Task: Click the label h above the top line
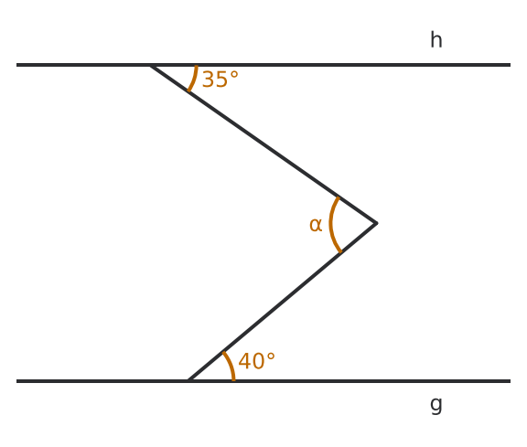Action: click(x=436, y=40)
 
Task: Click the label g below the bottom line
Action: click(x=436, y=405)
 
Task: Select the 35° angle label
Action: click(x=220, y=80)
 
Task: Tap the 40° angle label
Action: click(x=256, y=361)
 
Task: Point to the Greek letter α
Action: click(x=316, y=225)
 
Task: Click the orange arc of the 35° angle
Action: click(x=193, y=79)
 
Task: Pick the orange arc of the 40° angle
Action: click(x=230, y=366)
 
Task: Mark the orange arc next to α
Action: click(x=331, y=224)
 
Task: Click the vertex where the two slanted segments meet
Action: click(x=376, y=223)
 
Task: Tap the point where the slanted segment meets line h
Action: click(x=151, y=65)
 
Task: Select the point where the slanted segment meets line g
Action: click(x=188, y=381)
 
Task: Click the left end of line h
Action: click(x=16, y=65)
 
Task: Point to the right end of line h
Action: click(x=511, y=65)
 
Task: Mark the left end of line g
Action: click(x=16, y=381)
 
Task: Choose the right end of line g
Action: click(x=511, y=381)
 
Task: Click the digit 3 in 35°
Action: click(x=208, y=80)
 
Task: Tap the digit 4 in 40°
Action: click(x=244, y=361)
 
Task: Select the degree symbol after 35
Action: click(x=234, y=75)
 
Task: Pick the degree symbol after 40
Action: click(x=271, y=357)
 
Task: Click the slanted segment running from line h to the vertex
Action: click(x=263, y=144)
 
